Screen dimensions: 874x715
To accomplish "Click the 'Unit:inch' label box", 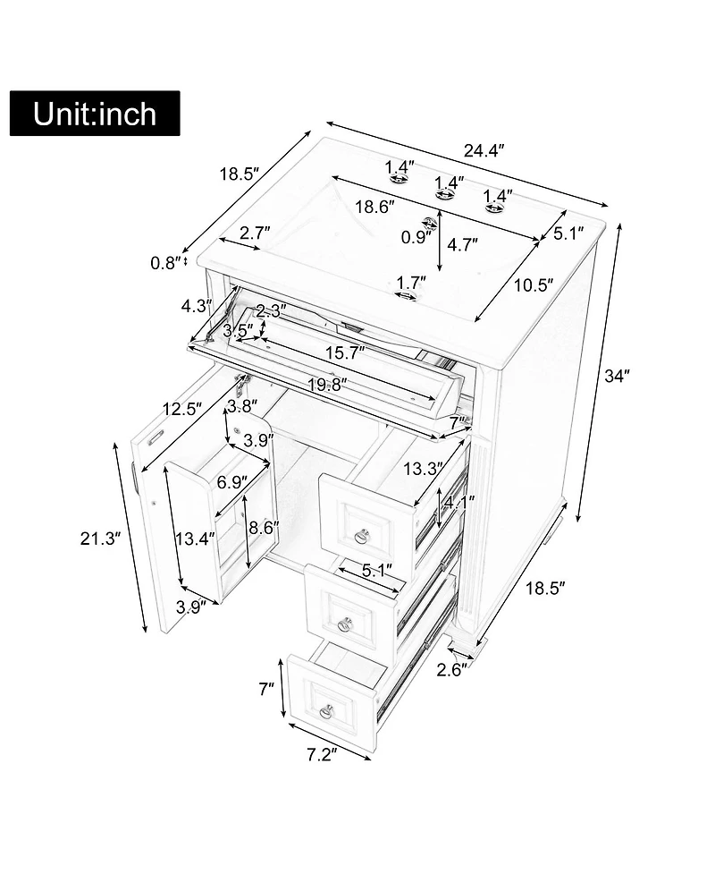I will (x=95, y=114).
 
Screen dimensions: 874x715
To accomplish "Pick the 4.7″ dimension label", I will (x=462, y=243).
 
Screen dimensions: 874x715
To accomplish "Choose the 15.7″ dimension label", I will (x=344, y=352).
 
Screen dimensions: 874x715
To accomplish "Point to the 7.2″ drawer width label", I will (x=320, y=756).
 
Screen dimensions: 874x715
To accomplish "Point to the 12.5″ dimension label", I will (x=182, y=411).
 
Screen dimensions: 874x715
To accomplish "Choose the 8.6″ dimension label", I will (x=265, y=528).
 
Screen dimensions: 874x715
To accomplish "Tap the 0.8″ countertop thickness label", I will (x=167, y=262).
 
